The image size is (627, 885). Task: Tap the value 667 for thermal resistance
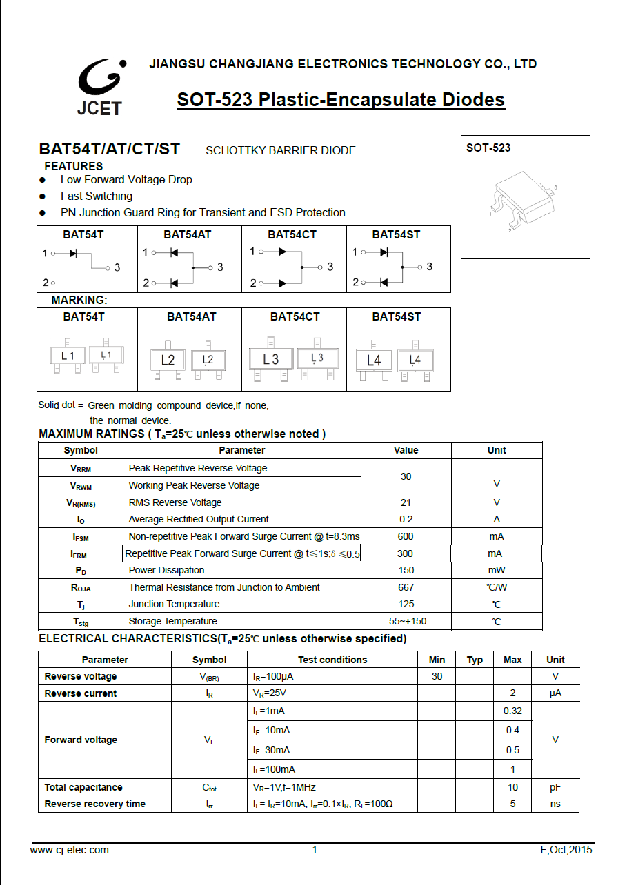tap(406, 587)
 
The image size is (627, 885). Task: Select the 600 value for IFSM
tap(406, 536)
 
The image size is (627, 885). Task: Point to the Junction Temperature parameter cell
tap(174, 604)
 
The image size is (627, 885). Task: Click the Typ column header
tap(475, 660)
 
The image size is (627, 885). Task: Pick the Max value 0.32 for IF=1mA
tap(512, 711)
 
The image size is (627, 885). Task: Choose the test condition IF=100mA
tap(274, 769)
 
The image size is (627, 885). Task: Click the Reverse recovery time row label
tap(94, 804)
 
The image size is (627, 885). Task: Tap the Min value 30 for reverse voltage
tap(437, 676)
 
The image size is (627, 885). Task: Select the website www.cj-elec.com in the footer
tap(70, 849)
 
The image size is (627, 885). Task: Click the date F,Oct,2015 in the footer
tap(566, 849)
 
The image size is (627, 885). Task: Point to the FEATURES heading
tap(74, 166)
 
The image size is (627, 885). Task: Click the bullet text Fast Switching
tap(97, 196)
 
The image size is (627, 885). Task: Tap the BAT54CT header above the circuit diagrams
tap(292, 234)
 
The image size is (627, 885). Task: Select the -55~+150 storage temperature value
tap(406, 621)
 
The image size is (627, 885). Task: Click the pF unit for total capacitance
tap(555, 787)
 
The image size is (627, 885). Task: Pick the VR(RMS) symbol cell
tap(81, 502)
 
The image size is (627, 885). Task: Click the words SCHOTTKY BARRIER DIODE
tap(281, 150)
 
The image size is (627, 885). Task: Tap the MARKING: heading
tap(79, 301)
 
